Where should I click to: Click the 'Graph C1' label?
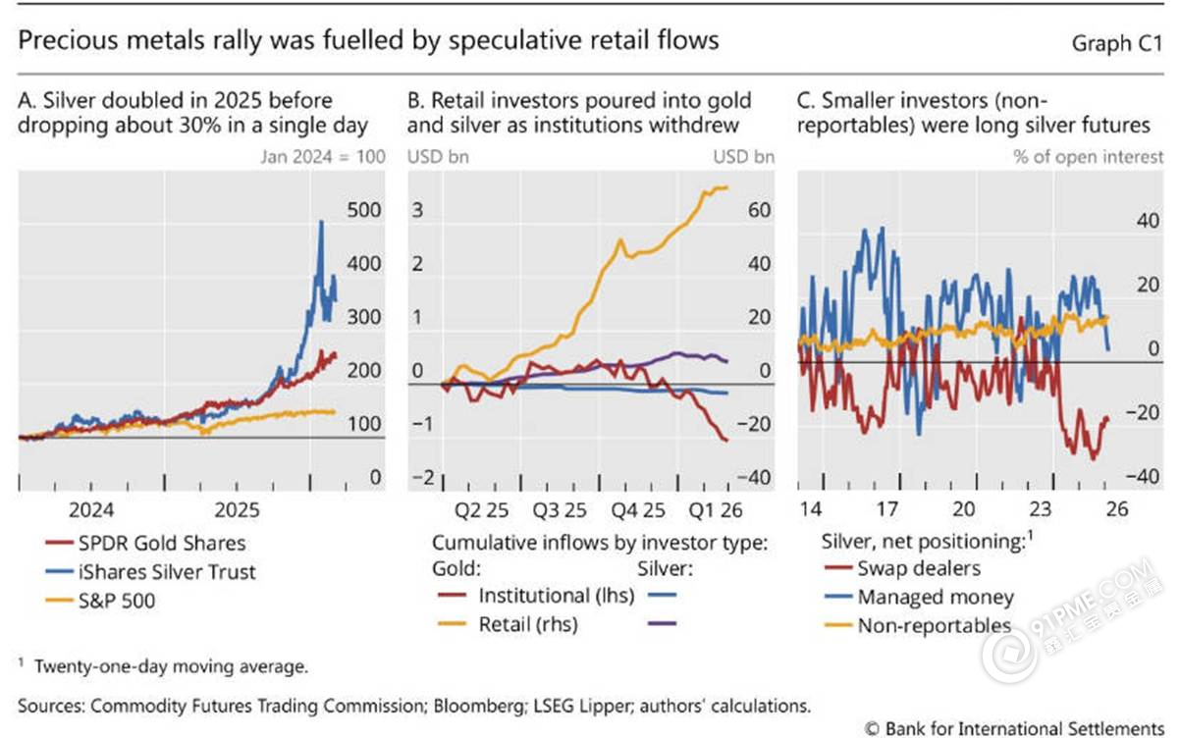[1117, 43]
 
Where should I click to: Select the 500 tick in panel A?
[365, 211]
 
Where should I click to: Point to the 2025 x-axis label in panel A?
[236, 510]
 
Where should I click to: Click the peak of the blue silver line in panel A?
[321, 222]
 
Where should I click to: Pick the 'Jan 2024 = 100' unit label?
[323, 156]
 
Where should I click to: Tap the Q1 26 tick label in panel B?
[714, 510]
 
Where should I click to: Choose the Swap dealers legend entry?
[918, 568]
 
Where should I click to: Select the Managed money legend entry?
[935, 597]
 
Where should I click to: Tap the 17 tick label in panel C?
[887, 510]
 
